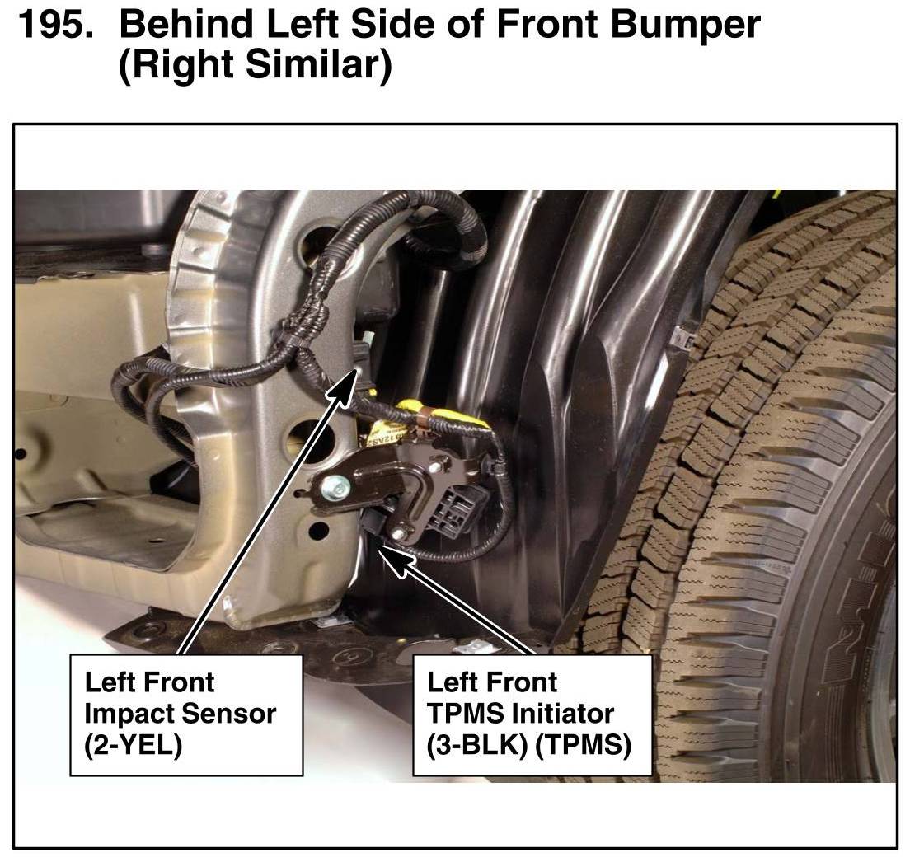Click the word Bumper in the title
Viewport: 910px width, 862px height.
click(x=686, y=26)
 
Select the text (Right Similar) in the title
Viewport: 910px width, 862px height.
click(x=255, y=64)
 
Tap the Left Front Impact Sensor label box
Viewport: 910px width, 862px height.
click(x=186, y=714)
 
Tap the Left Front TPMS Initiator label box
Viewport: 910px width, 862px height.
click(x=532, y=714)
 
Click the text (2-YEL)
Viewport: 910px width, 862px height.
click(x=134, y=745)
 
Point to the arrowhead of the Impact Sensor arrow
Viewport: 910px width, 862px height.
click(x=346, y=384)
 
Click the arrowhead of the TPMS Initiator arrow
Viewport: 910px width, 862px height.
click(x=390, y=558)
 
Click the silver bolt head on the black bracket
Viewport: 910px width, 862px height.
click(x=331, y=485)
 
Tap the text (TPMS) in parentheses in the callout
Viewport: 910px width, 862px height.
click(x=583, y=745)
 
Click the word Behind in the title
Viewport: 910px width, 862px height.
click(x=187, y=25)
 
